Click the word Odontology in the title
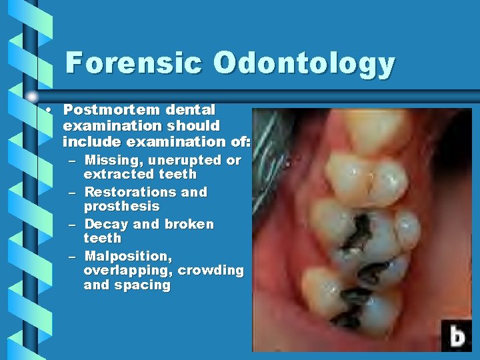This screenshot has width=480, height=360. (x=305, y=64)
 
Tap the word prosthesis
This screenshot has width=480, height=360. (x=121, y=206)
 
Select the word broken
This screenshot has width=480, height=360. (x=189, y=224)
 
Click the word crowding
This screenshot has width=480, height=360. (x=211, y=270)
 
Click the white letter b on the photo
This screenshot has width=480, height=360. (x=457, y=335)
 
